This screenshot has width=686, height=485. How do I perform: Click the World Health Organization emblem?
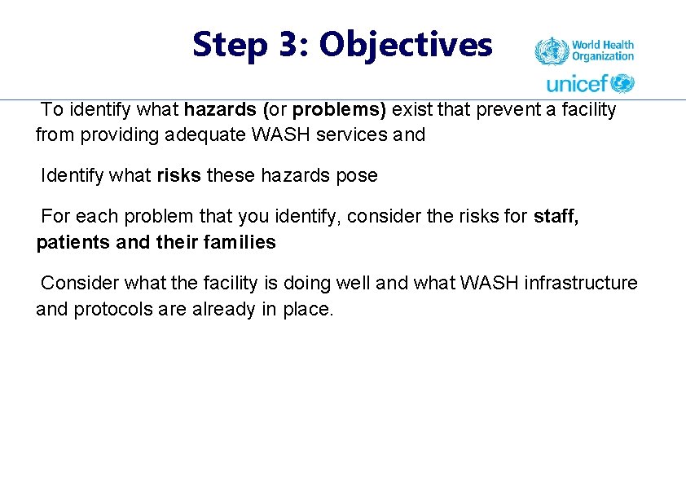tap(550, 51)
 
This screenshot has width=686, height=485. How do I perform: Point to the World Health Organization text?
tap(602, 51)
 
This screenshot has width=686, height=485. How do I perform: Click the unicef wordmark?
tap(577, 83)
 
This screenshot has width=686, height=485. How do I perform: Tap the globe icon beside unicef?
tap(622, 83)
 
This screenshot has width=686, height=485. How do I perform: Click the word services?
tap(354, 135)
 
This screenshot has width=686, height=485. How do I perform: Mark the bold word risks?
tap(178, 175)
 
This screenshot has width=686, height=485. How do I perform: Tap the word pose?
tap(358, 175)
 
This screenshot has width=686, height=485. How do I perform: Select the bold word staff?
tap(556, 216)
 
